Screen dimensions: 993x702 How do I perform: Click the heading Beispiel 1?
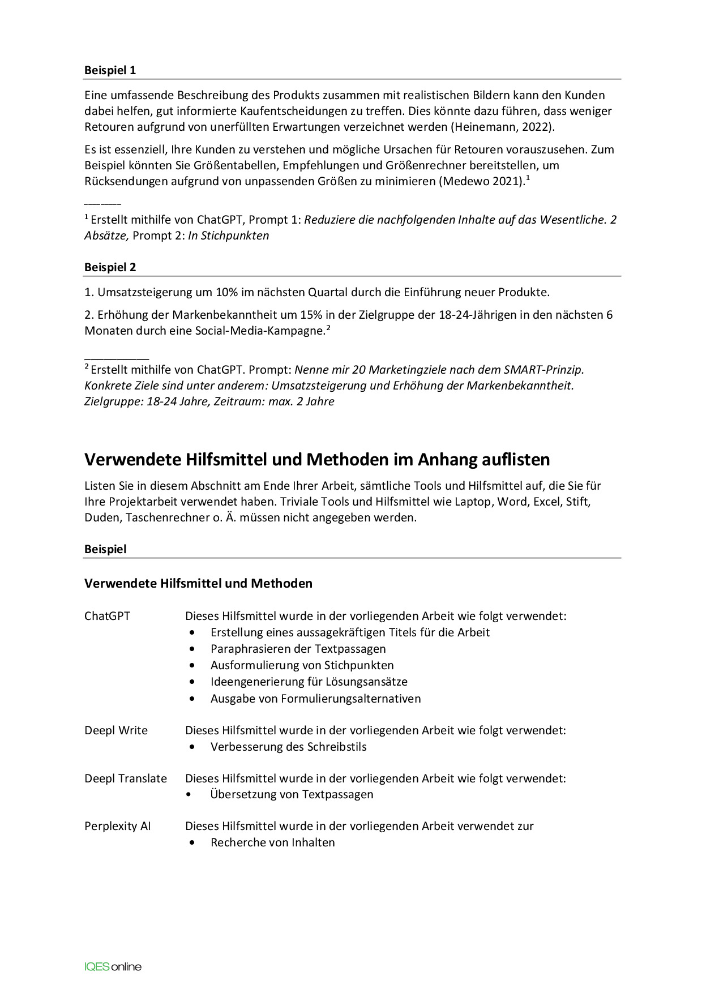(x=110, y=70)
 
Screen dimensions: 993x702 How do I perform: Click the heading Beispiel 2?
(x=110, y=267)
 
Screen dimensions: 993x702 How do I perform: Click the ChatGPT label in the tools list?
(x=107, y=616)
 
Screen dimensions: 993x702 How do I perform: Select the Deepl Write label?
(x=115, y=730)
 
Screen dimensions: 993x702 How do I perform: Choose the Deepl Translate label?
(x=125, y=778)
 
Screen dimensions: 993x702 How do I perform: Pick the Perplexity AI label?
(x=117, y=826)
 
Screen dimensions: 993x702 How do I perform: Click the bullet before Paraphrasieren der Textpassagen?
(x=194, y=649)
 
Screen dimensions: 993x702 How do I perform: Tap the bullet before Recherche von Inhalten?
(x=194, y=842)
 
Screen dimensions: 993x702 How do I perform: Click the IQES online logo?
(x=113, y=966)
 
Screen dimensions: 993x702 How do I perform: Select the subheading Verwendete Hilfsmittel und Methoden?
(x=198, y=583)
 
